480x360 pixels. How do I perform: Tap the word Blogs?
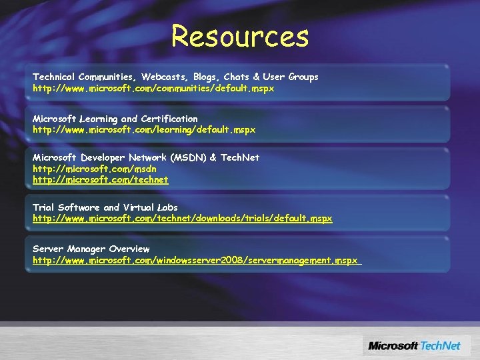pyautogui.click(x=205, y=77)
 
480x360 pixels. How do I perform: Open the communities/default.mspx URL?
pyautogui.click(x=153, y=88)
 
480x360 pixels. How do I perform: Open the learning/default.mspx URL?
pyautogui.click(x=144, y=129)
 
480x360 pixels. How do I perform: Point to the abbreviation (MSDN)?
pyautogui.click(x=188, y=157)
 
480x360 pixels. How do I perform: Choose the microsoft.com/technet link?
pyautogui.click(x=101, y=180)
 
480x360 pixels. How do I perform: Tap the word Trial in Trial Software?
pyautogui.click(x=43, y=207)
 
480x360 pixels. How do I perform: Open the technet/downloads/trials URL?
pyautogui.click(x=182, y=219)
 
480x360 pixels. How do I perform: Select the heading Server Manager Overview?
pyautogui.click(x=91, y=249)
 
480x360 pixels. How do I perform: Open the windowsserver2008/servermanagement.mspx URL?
pyautogui.click(x=195, y=260)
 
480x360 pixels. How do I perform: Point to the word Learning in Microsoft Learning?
pyautogui.click(x=99, y=119)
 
